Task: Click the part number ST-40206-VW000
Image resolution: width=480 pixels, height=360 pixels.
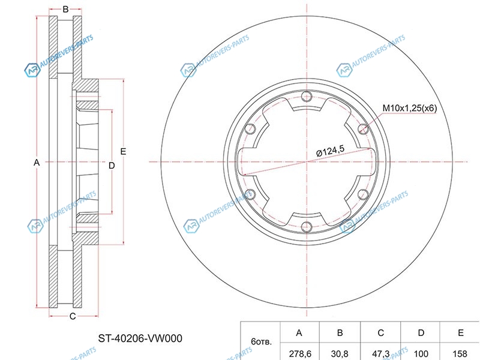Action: tap(140, 338)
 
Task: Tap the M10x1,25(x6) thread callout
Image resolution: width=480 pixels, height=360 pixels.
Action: tap(410, 108)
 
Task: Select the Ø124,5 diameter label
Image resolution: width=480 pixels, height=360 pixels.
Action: tap(331, 151)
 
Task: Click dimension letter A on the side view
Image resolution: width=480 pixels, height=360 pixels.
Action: tap(37, 163)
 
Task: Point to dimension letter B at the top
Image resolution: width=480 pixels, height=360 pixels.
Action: tap(65, 9)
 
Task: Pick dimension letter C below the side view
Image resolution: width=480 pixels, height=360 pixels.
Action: tap(73, 316)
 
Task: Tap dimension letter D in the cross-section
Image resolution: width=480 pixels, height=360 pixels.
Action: tap(112, 166)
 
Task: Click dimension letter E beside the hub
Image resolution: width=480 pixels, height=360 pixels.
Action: tap(123, 151)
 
